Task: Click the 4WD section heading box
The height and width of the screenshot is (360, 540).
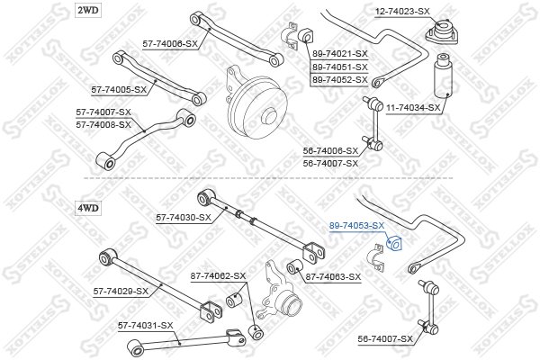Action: (x=88, y=208)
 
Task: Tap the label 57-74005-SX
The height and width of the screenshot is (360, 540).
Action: (x=119, y=89)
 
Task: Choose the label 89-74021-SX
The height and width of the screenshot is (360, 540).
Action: (x=340, y=54)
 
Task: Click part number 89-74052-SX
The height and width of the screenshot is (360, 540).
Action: (x=340, y=79)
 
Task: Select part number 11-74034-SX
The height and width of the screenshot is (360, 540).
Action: (x=413, y=107)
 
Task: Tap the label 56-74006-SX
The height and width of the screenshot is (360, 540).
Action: (x=330, y=151)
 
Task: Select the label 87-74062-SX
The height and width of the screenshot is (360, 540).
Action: (x=218, y=275)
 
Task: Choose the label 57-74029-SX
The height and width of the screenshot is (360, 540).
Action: (x=121, y=291)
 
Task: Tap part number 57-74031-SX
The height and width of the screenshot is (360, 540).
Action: (x=145, y=325)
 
